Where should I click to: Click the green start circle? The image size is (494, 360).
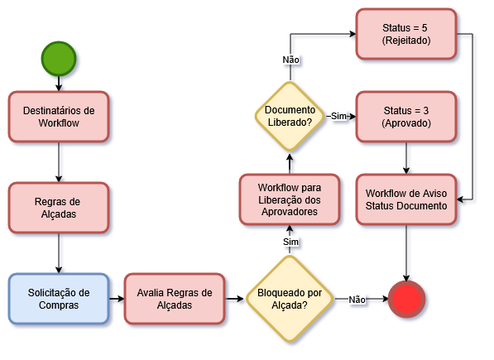click(59, 57)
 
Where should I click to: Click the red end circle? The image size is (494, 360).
click(406, 299)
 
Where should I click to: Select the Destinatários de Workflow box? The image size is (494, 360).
click(59, 116)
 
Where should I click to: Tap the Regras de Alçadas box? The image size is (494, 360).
click(59, 207)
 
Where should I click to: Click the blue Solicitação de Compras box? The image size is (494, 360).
click(59, 298)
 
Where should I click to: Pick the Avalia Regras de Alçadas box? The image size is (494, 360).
click(175, 298)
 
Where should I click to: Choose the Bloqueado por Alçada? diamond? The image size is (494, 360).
click(290, 298)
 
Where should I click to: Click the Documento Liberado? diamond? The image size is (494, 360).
click(290, 116)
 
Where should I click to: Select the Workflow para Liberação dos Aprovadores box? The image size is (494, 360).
click(290, 199)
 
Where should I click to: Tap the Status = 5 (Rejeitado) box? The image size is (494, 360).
click(405, 34)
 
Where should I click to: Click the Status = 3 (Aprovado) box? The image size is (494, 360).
click(405, 116)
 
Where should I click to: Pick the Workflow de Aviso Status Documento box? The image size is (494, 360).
click(405, 199)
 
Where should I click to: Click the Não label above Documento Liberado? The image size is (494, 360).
click(290, 60)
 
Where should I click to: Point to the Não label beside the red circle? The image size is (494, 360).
click(357, 299)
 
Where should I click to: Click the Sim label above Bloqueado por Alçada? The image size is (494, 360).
click(290, 241)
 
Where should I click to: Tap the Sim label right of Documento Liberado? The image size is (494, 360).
click(338, 116)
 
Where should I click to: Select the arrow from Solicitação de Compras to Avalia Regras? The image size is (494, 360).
click(116, 298)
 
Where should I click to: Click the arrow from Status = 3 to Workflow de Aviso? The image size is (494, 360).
click(405, 157)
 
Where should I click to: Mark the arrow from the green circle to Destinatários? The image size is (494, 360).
click(59, 83)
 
